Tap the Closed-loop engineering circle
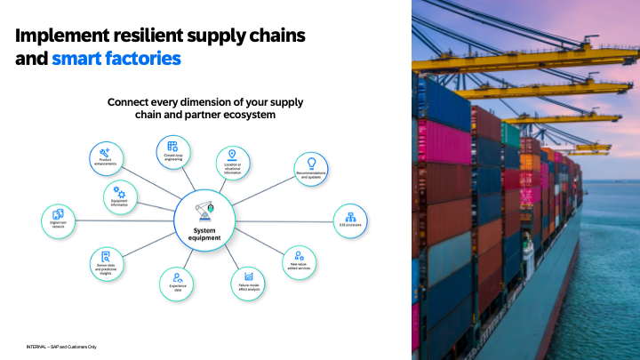(172, 152)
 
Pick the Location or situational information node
(234, 164)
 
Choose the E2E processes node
(349, 220)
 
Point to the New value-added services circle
(300, 261)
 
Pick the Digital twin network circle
(59, 220)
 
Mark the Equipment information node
(120, 196)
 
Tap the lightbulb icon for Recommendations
(312, 163)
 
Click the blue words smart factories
(116, 60)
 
